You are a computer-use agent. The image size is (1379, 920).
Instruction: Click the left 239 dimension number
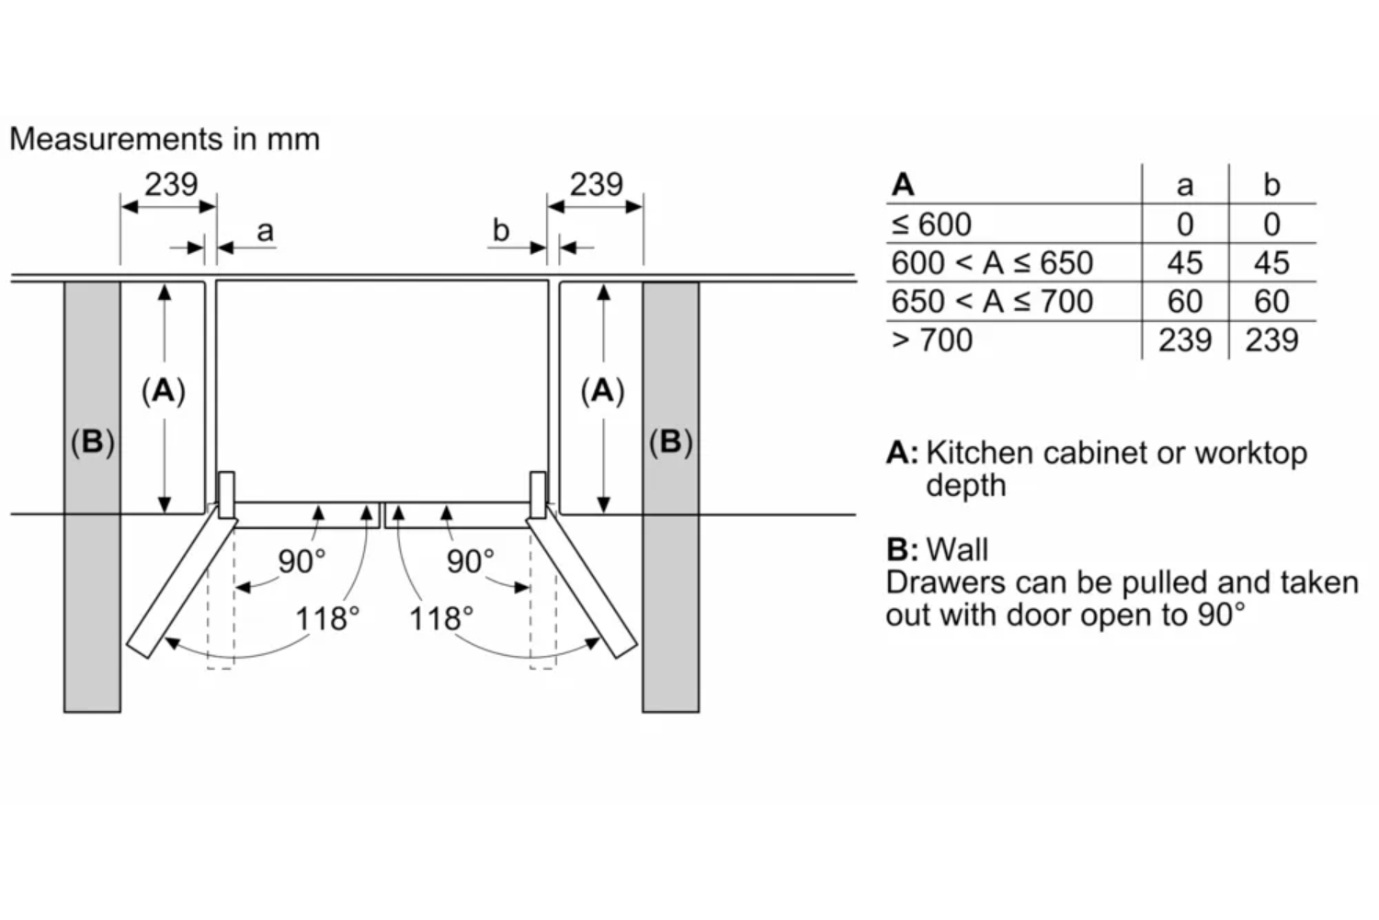[171, 184]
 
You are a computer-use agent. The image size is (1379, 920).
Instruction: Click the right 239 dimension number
[596, 184]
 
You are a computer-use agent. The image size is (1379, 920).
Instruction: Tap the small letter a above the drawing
[265, 231]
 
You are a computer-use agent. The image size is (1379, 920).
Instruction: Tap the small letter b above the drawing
[500, 230]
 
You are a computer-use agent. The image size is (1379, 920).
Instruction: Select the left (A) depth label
[164, 391]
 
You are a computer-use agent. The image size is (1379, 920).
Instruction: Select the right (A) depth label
[603, 391]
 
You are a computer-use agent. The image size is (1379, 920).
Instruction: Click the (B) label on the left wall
[92, 443]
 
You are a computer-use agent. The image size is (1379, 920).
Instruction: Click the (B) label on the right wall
[670, 443]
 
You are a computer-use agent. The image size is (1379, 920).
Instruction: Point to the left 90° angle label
[302, 560]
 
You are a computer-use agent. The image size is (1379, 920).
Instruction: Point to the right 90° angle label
[470, 560]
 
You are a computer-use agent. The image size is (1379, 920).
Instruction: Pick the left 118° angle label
[326, 618]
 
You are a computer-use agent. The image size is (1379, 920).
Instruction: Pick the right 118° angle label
[441, 618]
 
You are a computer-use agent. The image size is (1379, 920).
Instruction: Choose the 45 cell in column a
[1185, 263]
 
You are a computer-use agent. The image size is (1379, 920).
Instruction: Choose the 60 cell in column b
[1271, 302]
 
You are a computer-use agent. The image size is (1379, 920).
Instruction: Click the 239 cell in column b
[1271, 340]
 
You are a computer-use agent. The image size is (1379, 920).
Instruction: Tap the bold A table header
[903, 185]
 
